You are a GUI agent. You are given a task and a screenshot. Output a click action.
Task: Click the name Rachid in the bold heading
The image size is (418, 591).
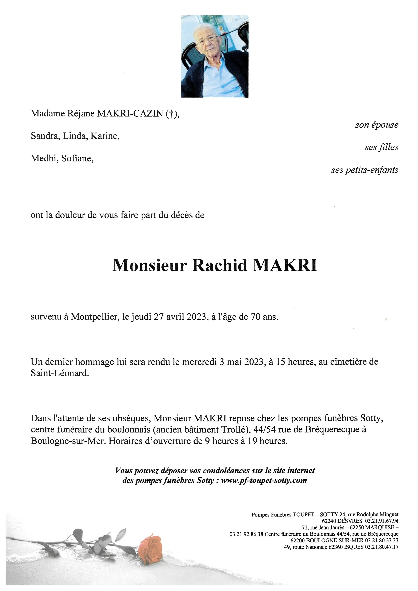tap(220, 265)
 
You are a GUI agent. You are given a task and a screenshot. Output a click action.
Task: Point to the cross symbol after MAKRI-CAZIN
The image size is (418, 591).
tap(170, 114)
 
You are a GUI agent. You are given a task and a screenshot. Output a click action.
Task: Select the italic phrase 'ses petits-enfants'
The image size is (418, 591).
tap(364, 170)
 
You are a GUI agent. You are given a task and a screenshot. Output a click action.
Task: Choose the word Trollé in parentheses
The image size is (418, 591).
tap(233, 429)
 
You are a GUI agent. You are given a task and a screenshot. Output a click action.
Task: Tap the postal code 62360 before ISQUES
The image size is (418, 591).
tap(336, 547)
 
